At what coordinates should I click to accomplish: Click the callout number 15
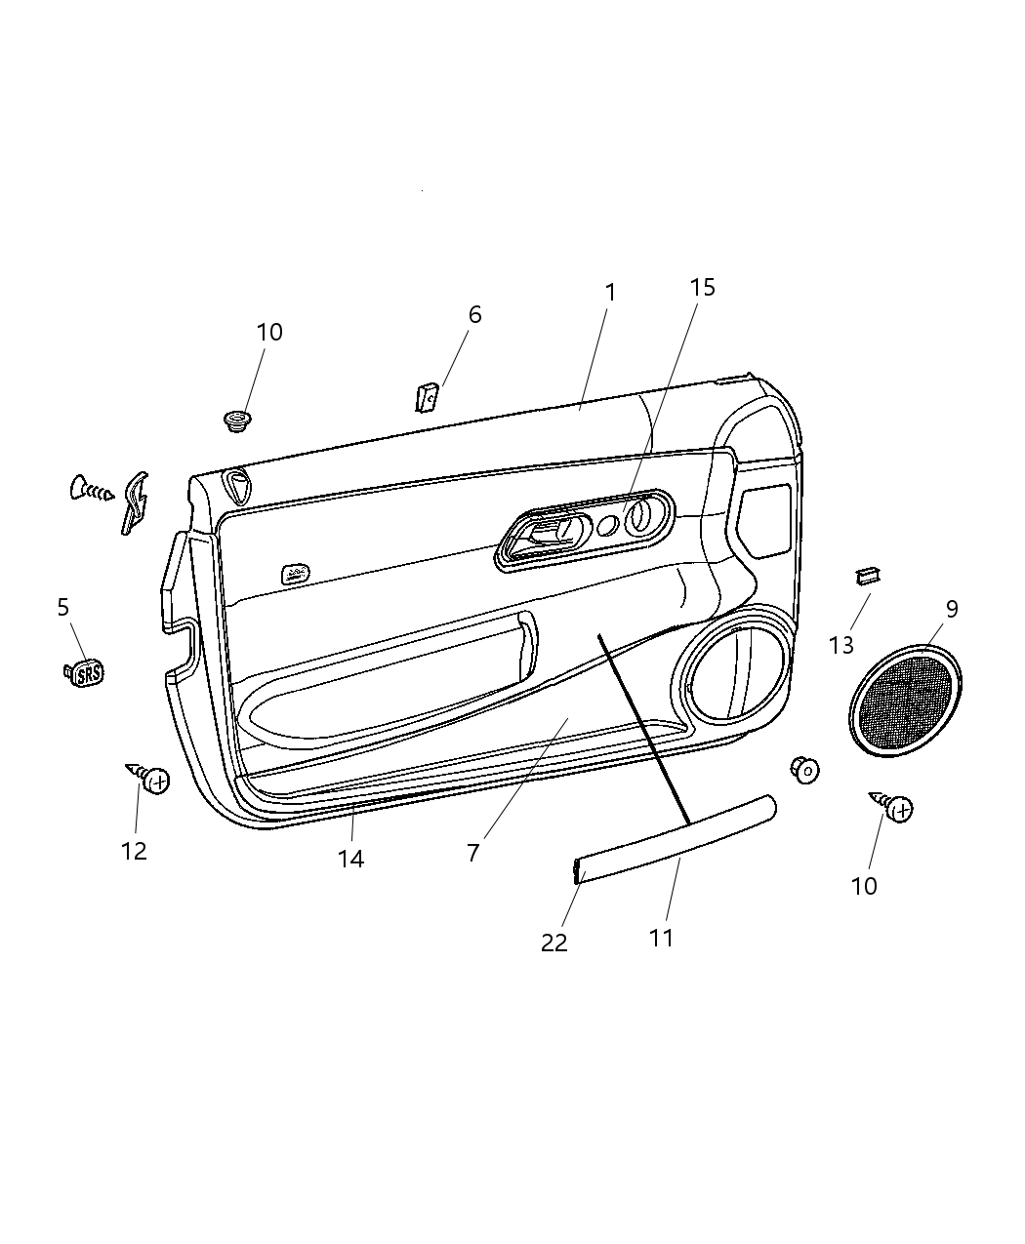703,287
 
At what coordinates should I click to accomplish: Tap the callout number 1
610,292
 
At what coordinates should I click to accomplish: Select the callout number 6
474,314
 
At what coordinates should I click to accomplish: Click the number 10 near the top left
269,332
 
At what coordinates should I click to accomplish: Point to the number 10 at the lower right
864,886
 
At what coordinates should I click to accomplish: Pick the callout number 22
554,943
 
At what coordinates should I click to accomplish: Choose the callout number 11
662,938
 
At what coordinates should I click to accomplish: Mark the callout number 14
350,859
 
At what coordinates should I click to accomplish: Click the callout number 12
134,851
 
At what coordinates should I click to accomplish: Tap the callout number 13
841,645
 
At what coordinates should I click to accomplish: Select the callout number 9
952,609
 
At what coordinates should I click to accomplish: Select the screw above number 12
149,779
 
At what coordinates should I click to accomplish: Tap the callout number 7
473,852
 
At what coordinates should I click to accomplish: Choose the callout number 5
63,607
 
